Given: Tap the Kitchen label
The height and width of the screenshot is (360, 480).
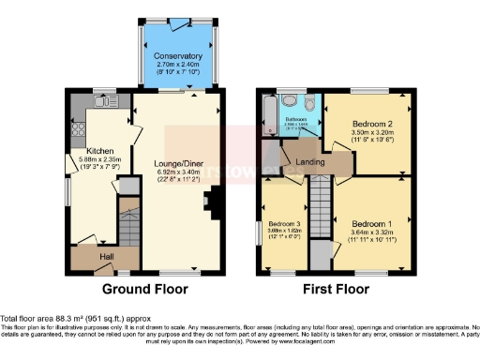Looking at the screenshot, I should (100, 150).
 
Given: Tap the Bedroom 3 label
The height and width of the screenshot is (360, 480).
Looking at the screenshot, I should (283, 225).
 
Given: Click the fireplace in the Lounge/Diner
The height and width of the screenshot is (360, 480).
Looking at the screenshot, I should (216, 199).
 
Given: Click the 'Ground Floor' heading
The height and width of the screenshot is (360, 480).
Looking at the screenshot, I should (141, 288).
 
